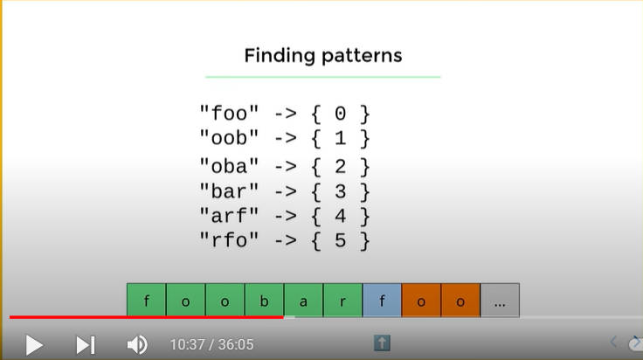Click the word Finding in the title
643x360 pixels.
pos(280,56)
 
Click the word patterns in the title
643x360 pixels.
pos(362,56)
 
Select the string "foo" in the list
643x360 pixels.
pos(229,114)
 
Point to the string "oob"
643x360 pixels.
pos(229,138)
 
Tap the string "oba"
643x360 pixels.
pos(229,167)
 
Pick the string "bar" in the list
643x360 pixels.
pos(229,191)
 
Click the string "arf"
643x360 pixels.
pos(229,216)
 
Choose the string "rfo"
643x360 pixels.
pos(229,240)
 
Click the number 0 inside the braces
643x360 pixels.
pos(341,114)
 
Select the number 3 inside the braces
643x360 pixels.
pos(341,191)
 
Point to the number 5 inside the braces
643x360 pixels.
pos(341,240)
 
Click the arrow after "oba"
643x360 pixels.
pos(286,167)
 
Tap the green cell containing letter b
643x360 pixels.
pos(264,300)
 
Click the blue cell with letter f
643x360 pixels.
pos(382,300)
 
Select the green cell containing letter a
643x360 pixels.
pos(303,300)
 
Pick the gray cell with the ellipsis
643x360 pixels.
pos(500,300)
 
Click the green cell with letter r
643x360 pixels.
pos(342,300)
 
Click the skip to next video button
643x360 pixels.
pos(86,345)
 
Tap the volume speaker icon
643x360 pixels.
pos(137,345)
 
